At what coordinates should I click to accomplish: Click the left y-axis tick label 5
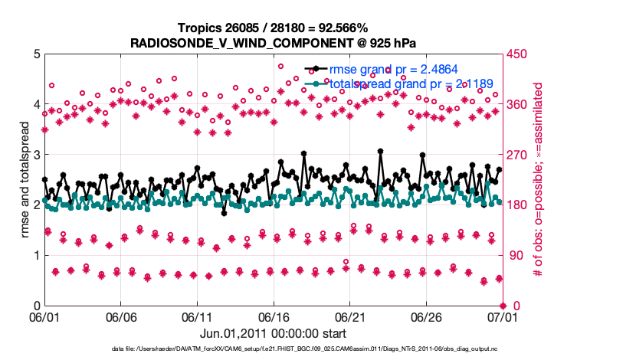click(x=35, y=54)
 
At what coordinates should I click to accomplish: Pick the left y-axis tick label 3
click(x=35, y=155)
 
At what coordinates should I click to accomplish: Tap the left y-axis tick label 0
click(x=35, y=306)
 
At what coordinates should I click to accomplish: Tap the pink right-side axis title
click(x=539, y=180)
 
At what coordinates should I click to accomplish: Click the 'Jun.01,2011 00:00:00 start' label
click(x=272, y=334)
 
